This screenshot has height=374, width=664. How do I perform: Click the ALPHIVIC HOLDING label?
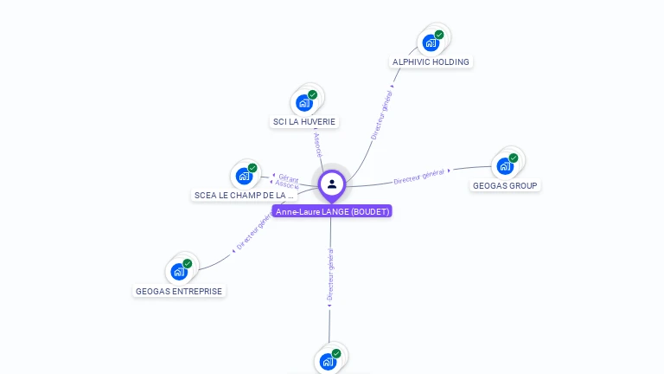tap(431, 62)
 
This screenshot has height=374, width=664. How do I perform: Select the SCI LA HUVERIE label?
tap(303, 122)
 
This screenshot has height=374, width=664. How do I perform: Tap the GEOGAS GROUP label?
tap(505, 186)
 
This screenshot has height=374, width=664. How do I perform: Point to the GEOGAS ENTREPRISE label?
tap(179, 291)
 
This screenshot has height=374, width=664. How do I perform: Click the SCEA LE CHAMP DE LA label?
tap(244, 196)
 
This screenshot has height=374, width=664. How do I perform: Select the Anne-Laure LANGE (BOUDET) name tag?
tap(332, 211)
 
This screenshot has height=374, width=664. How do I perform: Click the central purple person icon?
tap(332, 184)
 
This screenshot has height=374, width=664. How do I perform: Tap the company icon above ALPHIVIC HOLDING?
tap(431, 42)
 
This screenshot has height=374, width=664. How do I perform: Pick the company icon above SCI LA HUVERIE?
tap(303, 102)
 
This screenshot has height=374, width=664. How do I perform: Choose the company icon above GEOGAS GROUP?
tap(505, 165)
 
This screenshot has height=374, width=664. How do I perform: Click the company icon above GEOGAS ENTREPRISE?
tap(179, 271)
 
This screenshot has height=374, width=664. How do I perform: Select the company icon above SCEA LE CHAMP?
tap(244, 176)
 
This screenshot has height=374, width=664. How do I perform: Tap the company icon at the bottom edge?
tap(328, 362)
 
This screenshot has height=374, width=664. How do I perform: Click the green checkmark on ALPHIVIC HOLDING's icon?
tap(439, 35)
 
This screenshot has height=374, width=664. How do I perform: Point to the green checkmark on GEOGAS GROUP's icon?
tap(514, 158)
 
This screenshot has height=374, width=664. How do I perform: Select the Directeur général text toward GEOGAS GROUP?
tap(418, 177)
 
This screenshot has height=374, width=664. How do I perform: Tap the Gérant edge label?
tap(289, 177)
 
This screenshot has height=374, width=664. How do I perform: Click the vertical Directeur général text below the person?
tap(330, 274)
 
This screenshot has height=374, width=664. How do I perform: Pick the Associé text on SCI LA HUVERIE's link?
tap(317, 145)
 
